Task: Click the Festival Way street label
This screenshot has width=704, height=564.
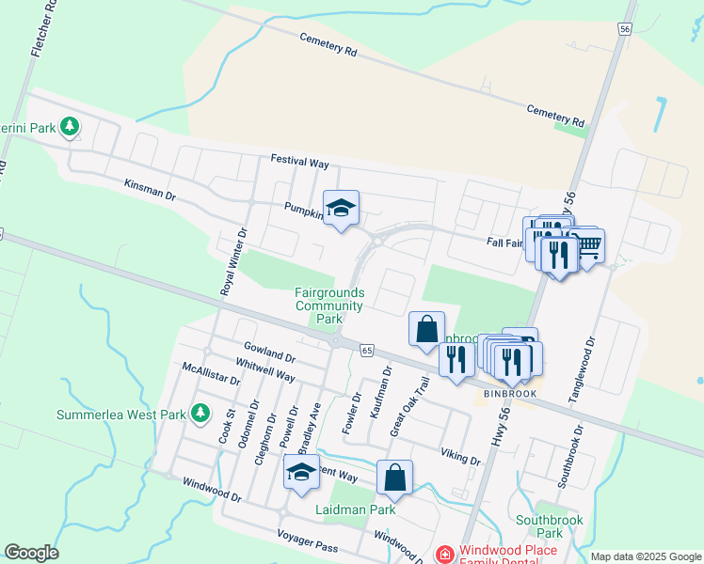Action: pyautogui.click(x=300, y=163)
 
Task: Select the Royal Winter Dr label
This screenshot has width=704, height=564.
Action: pyautogui.click(x=233, y=262)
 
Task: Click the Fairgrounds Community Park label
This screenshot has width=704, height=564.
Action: pyautogui.click(x=328, y=305)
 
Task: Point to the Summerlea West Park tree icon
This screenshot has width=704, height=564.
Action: pyautogui.click(x=200, y=413)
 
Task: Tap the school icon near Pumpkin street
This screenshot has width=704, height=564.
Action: pyautogui.click(x=341, y=208)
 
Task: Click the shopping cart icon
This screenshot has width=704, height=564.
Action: pyautogui.click(x=588, y=247)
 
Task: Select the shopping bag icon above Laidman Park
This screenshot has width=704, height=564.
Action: pyautogui.click(x=395, y=477)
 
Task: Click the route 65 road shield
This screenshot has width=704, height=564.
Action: pyautogui.click(x=366, y=350)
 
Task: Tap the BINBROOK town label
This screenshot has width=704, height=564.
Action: pyautogui.click(x=510, y=393)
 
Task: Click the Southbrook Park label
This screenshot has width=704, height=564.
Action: pyautogui.click(x=550, y=525)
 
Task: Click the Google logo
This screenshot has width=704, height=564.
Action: pyautogui.click(x=31, y=553)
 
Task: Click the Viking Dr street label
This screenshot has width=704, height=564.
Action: pyautogui.click(x=460, y=457)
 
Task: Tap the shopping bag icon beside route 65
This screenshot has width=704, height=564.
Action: pyautogui.click(x=426, y=329)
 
